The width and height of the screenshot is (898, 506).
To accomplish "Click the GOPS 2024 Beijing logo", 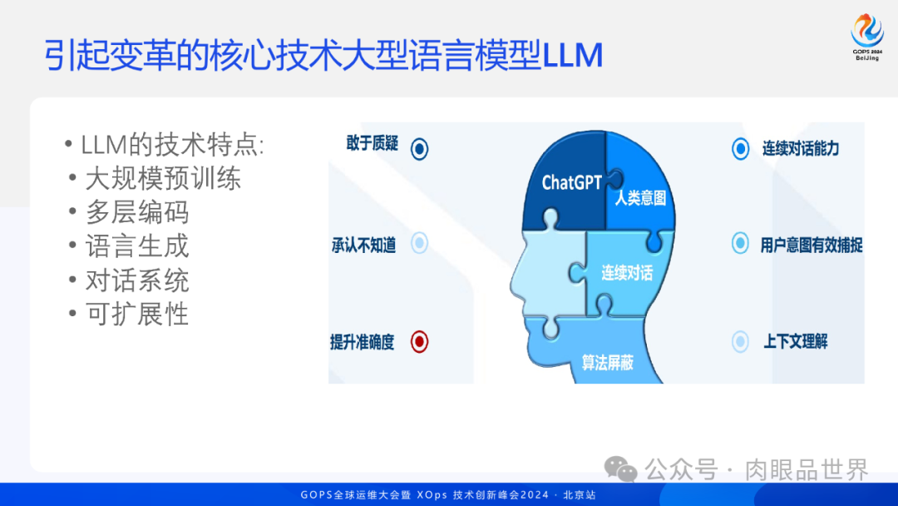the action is [x=866, y=37].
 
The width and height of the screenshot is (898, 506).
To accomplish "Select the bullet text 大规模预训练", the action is [x=163, y=179].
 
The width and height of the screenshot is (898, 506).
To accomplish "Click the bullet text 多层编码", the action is [x=137, y=212].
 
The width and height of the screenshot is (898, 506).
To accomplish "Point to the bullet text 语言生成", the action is [x=137, y=246].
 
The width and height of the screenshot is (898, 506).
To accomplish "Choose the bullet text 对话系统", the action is [x=137, y=280].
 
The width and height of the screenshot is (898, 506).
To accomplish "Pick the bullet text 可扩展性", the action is [x=137, y=314].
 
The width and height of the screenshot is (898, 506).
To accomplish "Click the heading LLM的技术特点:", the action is [x=172, y=145].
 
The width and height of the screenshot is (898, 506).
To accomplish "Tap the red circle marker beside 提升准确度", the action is [x=420, y=341].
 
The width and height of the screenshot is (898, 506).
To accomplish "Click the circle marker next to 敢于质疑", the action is [x=420, y=148].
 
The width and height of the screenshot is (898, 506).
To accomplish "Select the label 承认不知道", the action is [x=363, y=245].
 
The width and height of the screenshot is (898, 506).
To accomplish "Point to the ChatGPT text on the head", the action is [x=571, y=182].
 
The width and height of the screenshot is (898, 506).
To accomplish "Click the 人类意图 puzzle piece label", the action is [x=640, y=200].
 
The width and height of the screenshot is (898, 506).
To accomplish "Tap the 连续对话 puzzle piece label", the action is [x=627, y=273].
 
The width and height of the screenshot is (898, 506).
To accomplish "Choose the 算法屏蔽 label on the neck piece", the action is [x=607, y=363].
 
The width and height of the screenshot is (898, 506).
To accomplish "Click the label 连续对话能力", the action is [x=801, y=149].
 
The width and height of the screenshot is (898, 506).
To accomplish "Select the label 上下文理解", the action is [x=796, y=341].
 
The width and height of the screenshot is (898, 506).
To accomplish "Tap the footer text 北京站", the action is [x=580, y=495].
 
